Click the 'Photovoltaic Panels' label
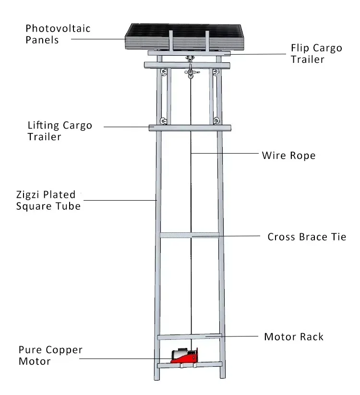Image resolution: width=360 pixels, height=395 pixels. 58,34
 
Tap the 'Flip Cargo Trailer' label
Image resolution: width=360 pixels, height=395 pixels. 316,54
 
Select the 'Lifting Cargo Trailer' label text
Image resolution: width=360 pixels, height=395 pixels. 60,131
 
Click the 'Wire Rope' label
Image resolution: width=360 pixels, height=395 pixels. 288,156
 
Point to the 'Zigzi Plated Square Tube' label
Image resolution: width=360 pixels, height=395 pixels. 48,200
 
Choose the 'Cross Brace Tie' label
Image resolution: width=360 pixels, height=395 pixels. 306,237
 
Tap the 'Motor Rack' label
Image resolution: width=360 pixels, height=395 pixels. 294,337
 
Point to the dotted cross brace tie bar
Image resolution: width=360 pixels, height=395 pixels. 189,235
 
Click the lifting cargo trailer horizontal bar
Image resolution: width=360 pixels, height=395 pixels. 190,128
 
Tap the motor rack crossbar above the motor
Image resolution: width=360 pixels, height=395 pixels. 190,336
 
